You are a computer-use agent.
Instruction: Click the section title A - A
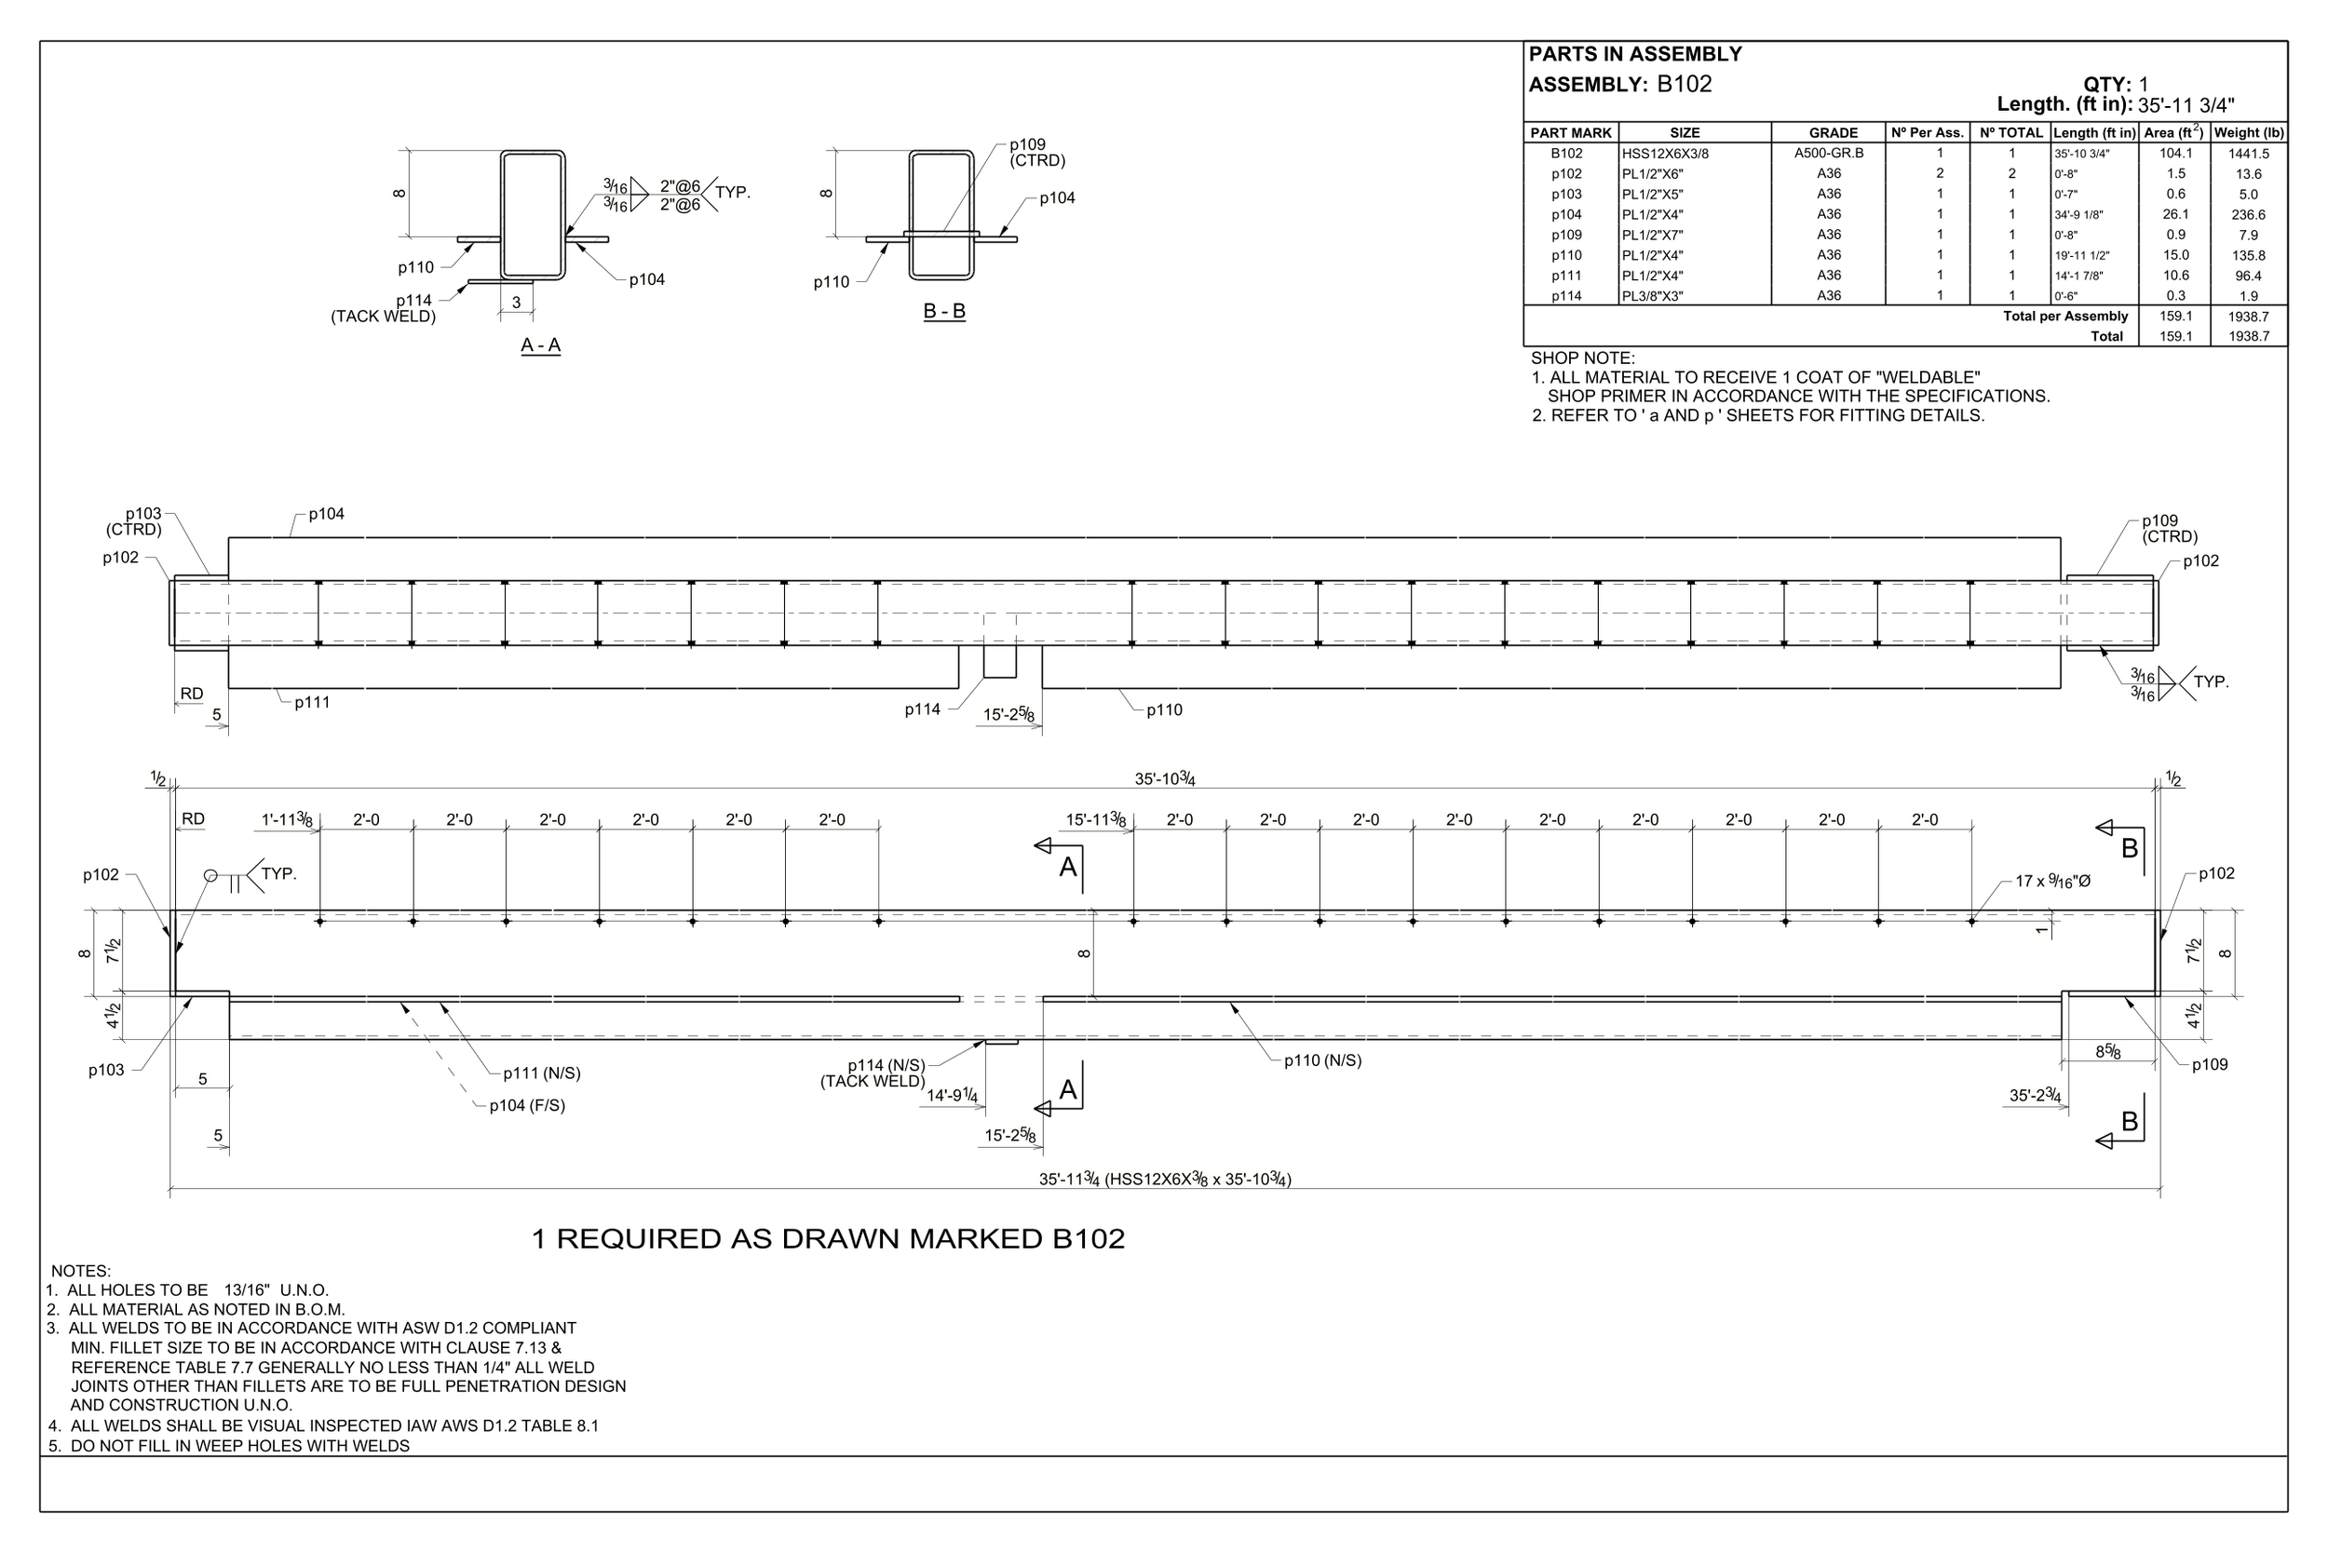click(x=540, y=345)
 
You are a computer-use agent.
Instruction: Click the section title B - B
click(x=943, y=312)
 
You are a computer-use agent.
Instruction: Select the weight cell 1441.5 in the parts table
click(x=2248, y=154)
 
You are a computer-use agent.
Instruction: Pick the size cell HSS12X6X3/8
click(x=1665, y=154)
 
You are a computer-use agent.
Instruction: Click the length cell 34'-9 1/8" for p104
click(x=2078, y=215)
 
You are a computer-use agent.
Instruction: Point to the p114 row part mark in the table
click(x=1566, y=296)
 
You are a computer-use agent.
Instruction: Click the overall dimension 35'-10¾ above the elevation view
click(x=1164, y=779)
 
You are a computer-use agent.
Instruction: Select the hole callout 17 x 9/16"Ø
click(x=2053, y=881)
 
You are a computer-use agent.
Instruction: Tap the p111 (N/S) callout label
click(x=541, y=1073)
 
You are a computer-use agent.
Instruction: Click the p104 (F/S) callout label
click(x=526, y=1106)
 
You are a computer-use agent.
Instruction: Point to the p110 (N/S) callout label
click(x=1322, y=1060)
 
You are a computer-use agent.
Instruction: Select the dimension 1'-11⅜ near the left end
click(x=287, y=819)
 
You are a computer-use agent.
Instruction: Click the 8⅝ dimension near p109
click(x=2107, y=1052)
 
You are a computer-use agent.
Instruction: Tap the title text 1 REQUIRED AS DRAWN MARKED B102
click(x=828, y=1239)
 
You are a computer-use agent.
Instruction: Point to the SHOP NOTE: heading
click(x=1583, y=358)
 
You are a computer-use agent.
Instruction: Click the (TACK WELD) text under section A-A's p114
click(x=383, y=317)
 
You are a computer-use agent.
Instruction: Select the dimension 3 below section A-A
click(x=516, y=303)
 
